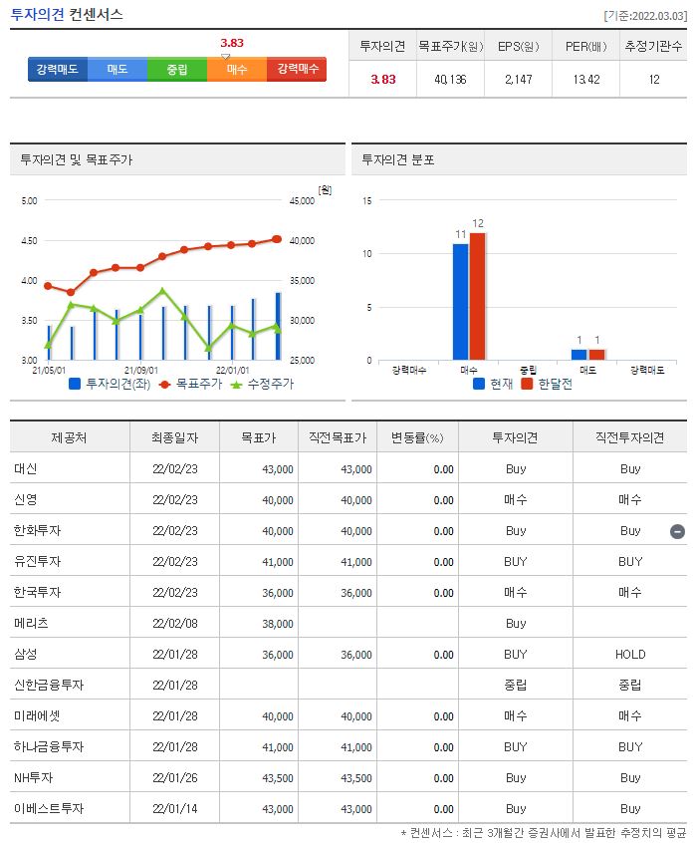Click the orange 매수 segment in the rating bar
point(237,69)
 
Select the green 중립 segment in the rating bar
point(177,69)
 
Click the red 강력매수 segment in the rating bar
point(297,69)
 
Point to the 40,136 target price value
point(450,80)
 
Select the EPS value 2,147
point(518,80)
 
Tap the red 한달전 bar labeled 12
point(478,295)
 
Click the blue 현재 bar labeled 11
point(461,301)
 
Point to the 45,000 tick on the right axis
point(301,200)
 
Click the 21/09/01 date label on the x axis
point(140,370)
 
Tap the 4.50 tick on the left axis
point(28,240)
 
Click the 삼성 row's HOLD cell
point(629,655)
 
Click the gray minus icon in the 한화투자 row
point(677,531)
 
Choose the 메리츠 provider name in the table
point(31,624)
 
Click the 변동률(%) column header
point(417,437)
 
